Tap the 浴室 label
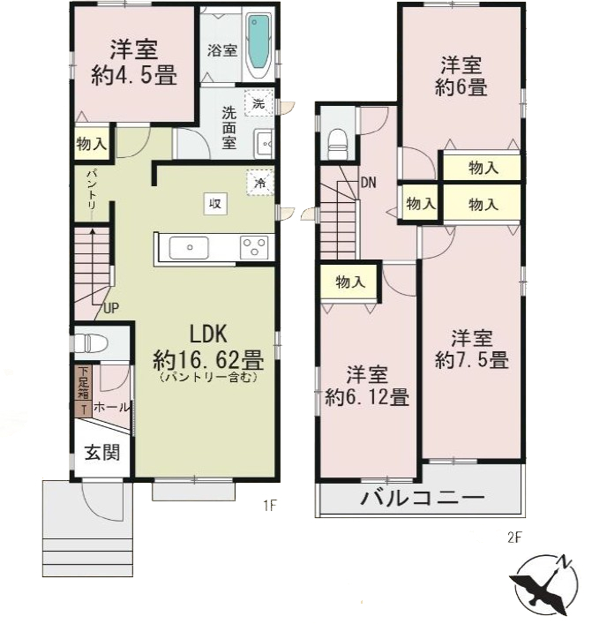coord(221,50)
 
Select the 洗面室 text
coord(229,126)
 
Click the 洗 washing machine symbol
coord(258,104)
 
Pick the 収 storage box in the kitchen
coord(214,202)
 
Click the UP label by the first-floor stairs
coord(110,308)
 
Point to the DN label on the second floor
coord(369,184)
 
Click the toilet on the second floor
coord(335,141)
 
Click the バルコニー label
coord(422,499)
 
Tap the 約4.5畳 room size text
coord(134,76)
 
